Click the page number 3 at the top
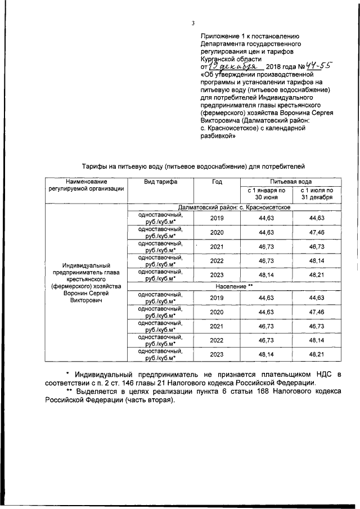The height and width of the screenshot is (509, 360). (x=193, y=23)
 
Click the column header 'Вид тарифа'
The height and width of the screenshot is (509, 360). (x=161, y=182)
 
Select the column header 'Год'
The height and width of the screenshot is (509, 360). (x=217, y=182)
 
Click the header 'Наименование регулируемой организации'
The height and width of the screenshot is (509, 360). (x=86, y=186)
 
